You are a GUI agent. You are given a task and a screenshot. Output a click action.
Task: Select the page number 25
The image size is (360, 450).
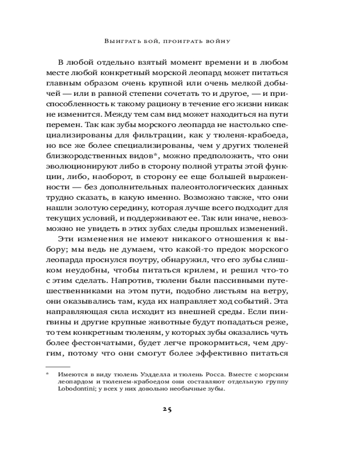click(x=167, y=409)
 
